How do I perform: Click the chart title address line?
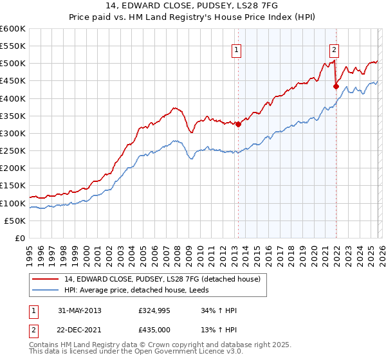tap(193, 6)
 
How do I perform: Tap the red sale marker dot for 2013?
tap(238, 125)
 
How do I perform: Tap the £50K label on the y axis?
tap(15, 221)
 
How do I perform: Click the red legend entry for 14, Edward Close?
tap(161, 279)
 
